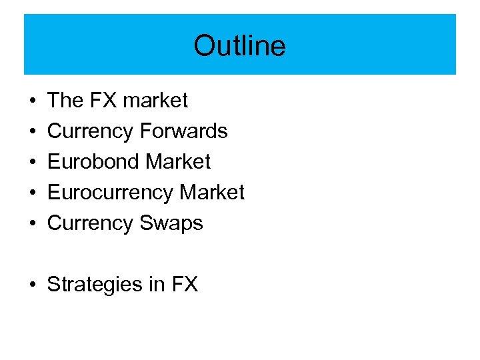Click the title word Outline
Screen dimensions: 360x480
click(239, 46)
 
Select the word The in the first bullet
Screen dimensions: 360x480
click(65, 101)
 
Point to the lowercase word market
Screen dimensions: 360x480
click(155, 101)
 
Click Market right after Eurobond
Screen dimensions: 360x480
click(178, 162)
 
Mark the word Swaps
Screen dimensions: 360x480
click(171, 223)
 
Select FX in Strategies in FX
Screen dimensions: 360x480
click(185, 285)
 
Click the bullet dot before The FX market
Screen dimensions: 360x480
click(33, 101)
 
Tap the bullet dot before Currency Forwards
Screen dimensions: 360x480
click(33, 132)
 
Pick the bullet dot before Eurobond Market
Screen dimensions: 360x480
click(33, 163)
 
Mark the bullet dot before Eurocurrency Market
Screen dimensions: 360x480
click(33, 193)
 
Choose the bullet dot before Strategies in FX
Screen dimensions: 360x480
click(33, 285)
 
